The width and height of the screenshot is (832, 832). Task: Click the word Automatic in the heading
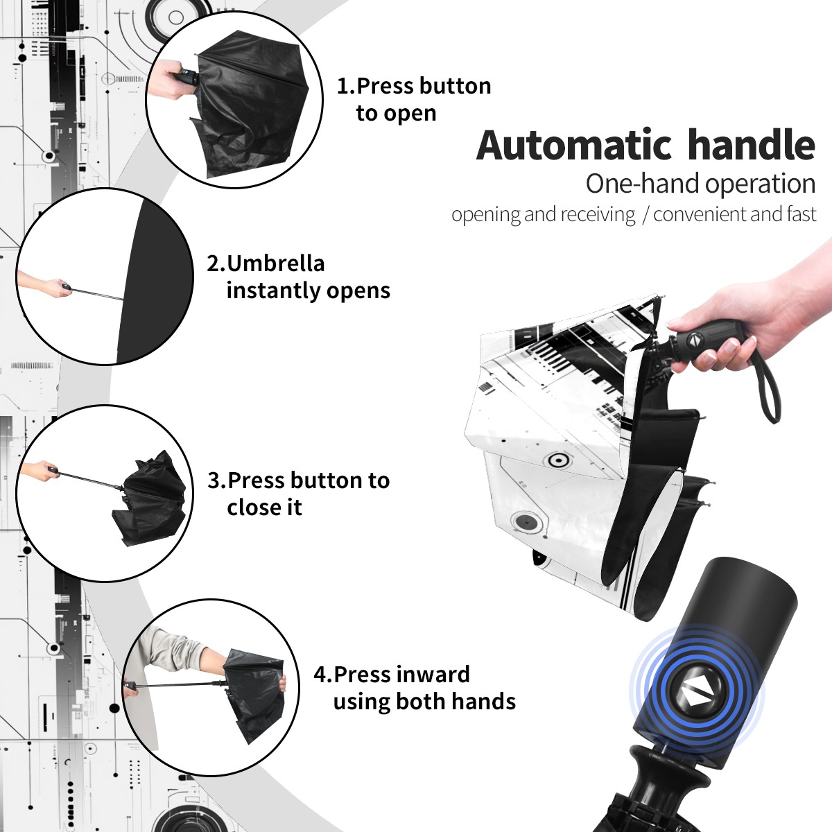(574, 146)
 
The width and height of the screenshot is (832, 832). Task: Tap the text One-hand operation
(700, 184)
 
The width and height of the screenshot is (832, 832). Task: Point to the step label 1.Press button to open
(414, 99)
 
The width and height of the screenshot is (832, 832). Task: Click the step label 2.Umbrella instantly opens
(298, 277)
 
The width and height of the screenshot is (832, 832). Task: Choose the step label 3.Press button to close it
(298, 494)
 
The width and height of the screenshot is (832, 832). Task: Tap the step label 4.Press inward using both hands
(415, 688)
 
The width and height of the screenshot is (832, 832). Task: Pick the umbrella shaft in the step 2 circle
(98, 293)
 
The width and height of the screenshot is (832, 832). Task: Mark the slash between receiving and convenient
(645, 215)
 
